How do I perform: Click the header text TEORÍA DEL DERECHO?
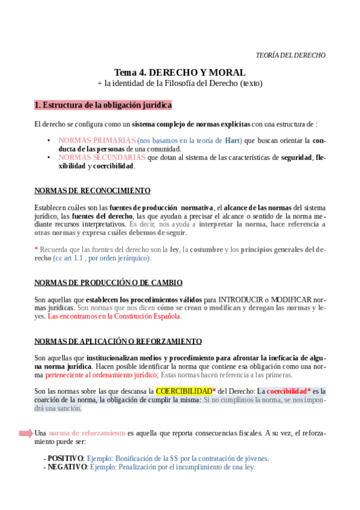tap(290, 55)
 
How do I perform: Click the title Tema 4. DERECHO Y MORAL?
tap(180, 72)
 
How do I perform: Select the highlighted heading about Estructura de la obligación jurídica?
tap(103, 105)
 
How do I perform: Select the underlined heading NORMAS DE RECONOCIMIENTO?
tap(92, 191)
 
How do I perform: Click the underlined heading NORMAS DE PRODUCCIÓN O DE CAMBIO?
tap(108, 282)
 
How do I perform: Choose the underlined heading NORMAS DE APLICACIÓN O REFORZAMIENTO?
tap(118, 341)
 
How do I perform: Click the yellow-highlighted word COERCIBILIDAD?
tap(183, 391)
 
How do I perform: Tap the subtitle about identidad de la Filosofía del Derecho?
tap(180, 83)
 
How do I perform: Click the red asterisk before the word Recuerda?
tap(36, 250)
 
